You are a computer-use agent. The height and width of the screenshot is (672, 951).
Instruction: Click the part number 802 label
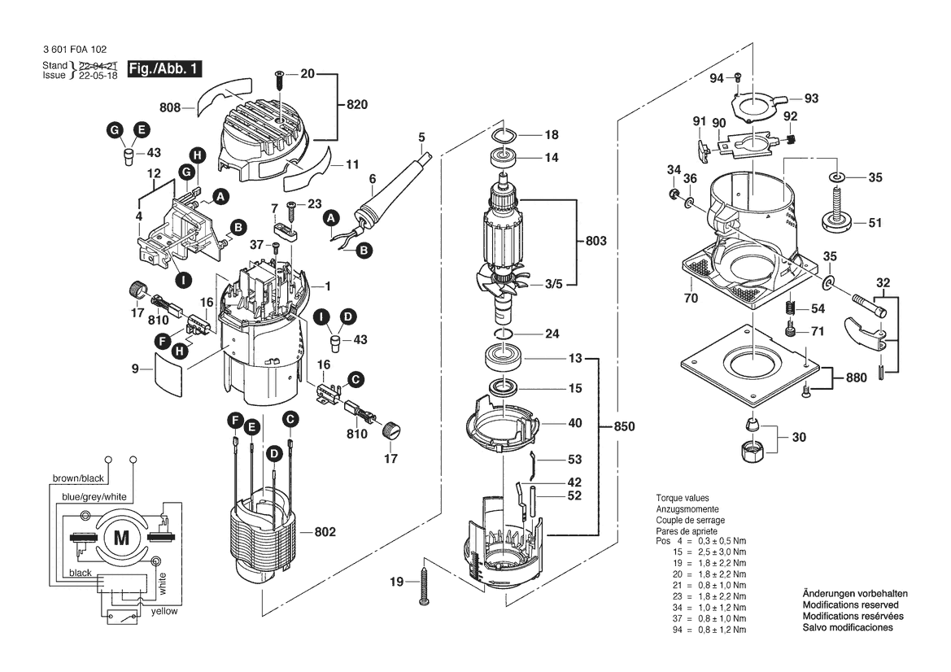click(x=325, y=532)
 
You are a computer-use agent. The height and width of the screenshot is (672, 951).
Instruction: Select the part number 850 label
click(x=624, y=426)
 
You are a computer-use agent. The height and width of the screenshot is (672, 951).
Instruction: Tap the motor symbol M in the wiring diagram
click(x=121, y=537)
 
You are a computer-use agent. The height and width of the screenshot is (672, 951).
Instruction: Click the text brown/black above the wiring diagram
click(x=77, y=478)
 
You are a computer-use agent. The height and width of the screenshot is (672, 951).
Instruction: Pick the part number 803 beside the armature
click(x=596, y=241)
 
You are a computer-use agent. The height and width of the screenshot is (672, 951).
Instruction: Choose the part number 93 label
click(x=811, y=98)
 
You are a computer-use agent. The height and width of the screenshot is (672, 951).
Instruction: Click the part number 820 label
click(x=357, y=104)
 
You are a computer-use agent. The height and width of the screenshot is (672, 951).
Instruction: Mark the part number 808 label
click(x=170, y=107)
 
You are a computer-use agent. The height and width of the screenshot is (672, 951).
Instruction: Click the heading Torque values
click(x=683, y=498)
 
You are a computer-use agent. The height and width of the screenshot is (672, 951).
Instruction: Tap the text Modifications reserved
click(x=850, y=605)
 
